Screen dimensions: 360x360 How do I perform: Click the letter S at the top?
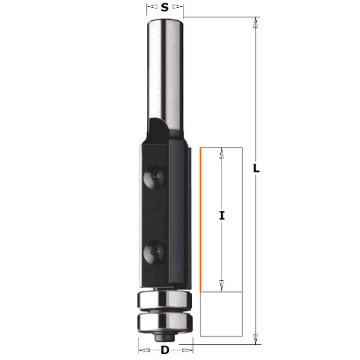click(x=165, y=8)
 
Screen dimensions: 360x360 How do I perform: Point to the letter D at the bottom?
click(x=165, y=351)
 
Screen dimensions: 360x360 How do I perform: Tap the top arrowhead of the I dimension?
click(x=222, y=153)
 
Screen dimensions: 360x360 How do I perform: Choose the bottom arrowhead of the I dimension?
click(x=222, y=285)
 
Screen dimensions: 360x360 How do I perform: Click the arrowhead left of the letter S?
click(x=149, y=8)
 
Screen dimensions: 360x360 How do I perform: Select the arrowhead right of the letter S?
click(x=181, y=8)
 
